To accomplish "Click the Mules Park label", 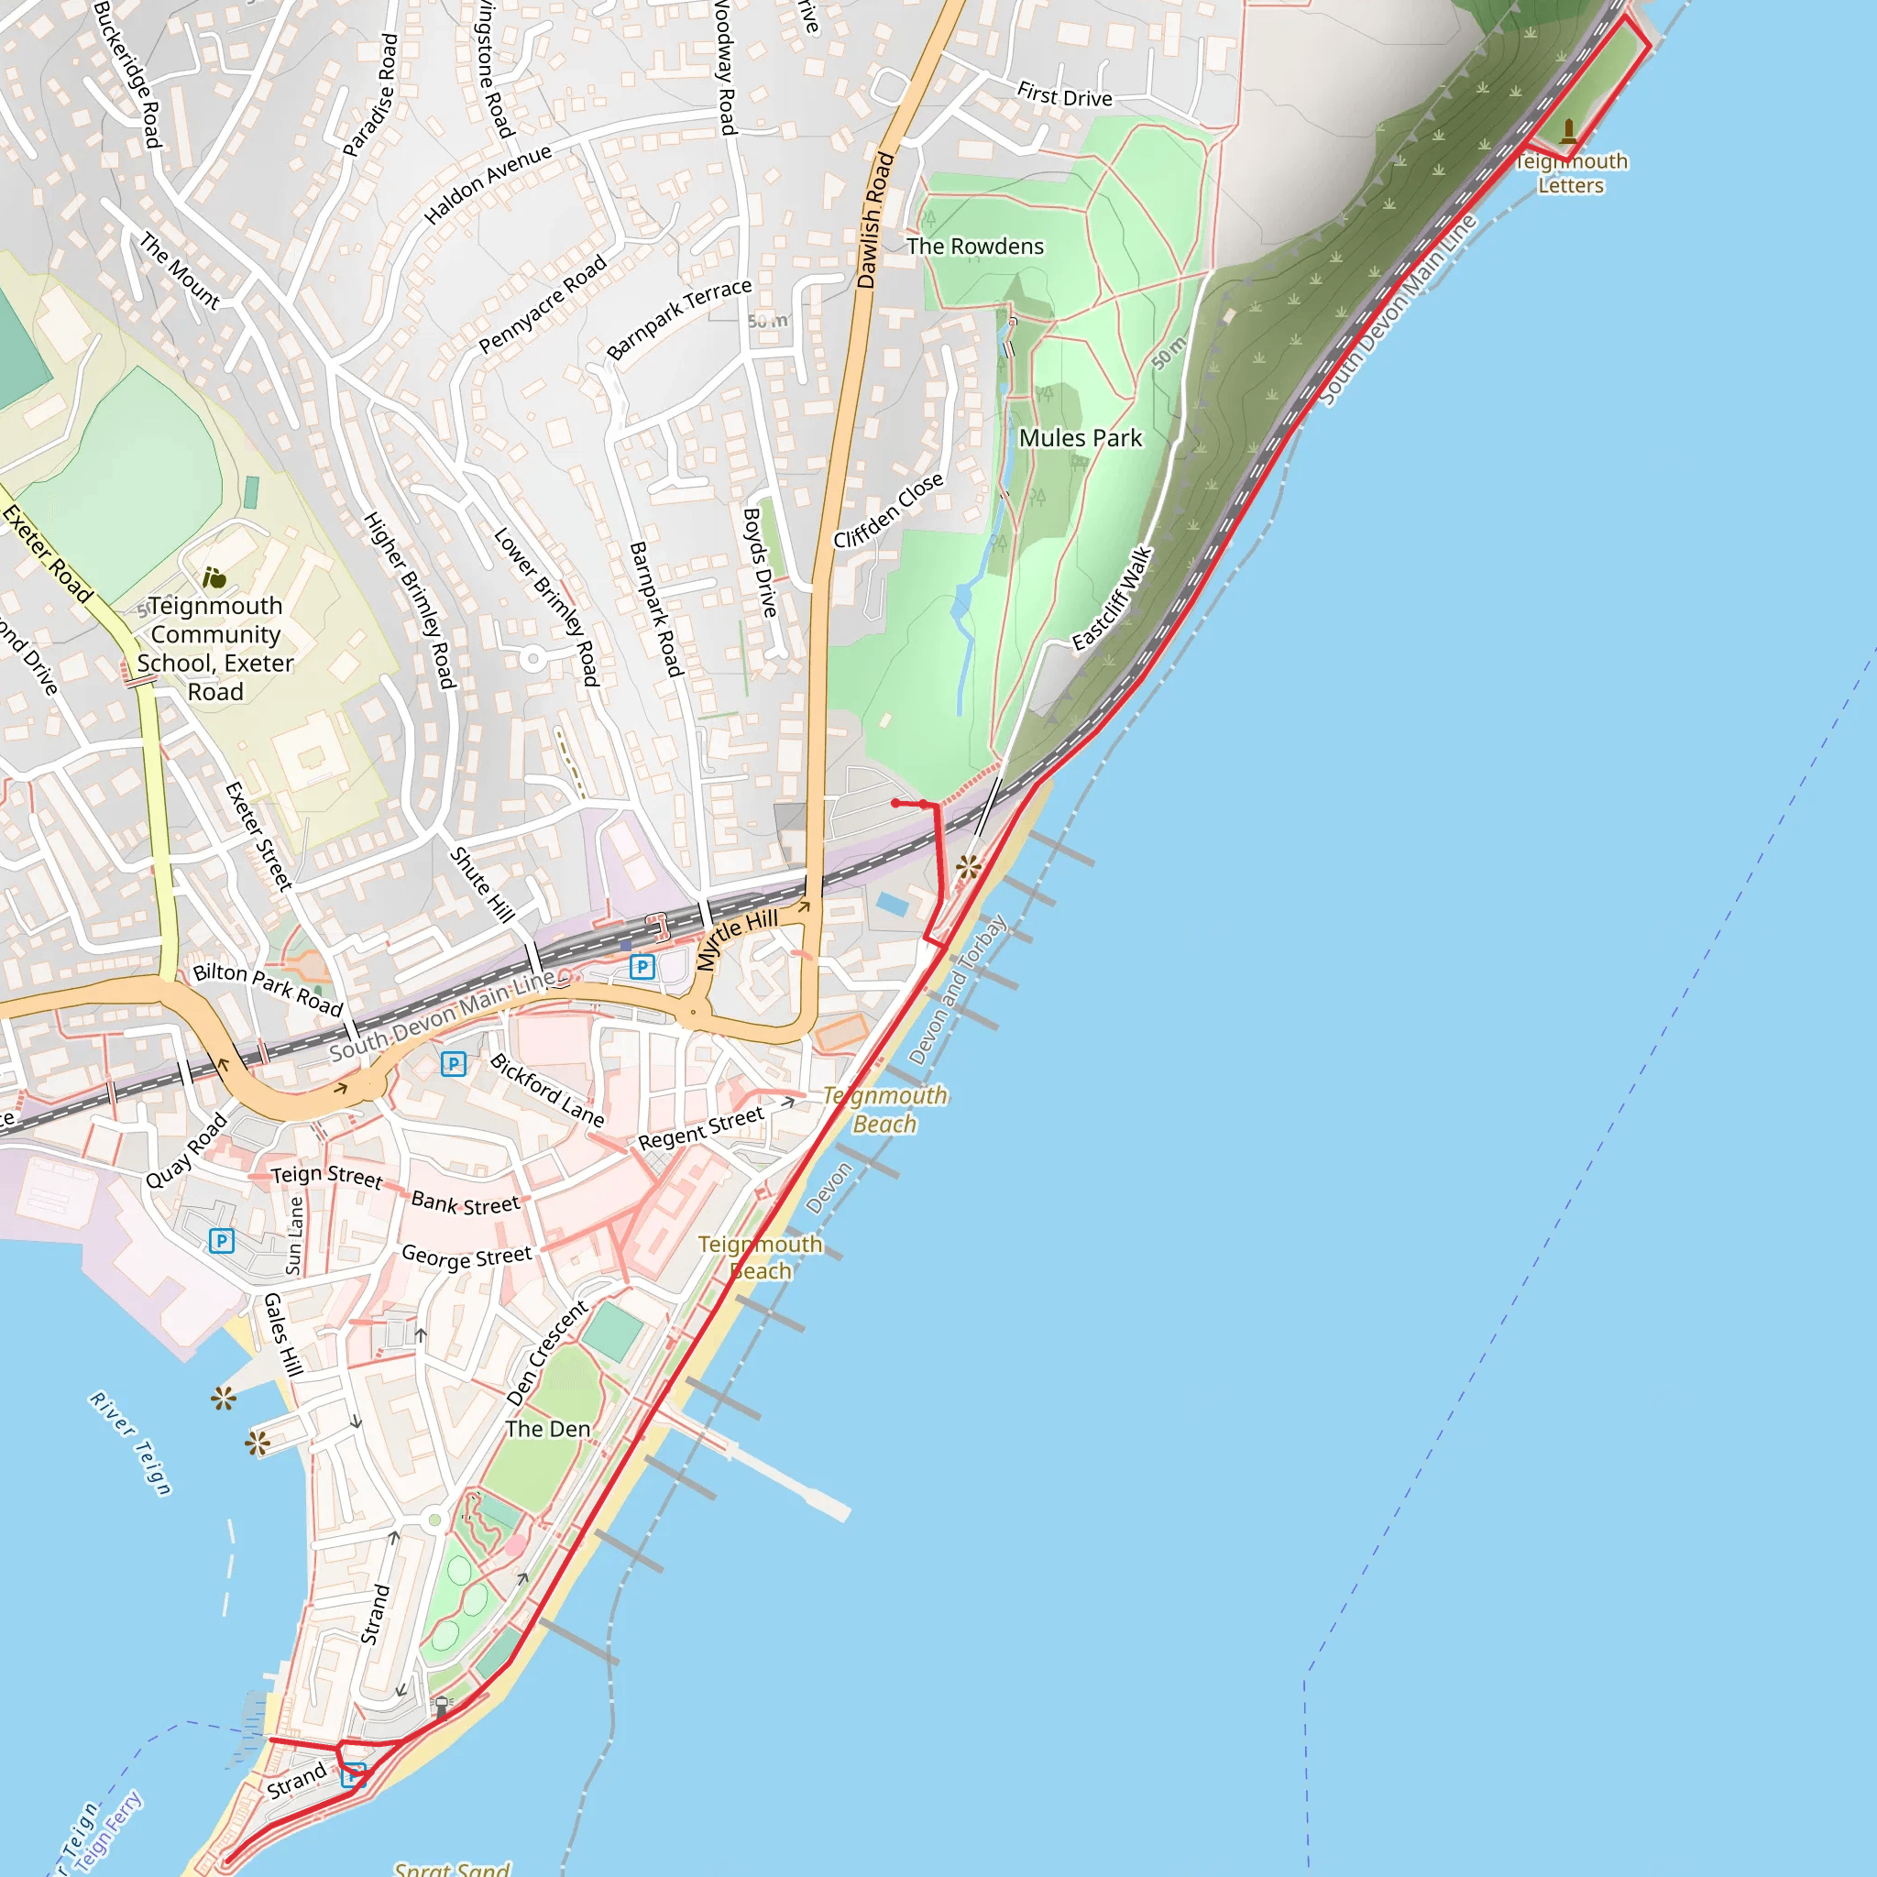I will coord(1081,438).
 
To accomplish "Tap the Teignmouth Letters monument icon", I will coord(1568,130).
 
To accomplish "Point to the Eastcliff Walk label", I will coord(1113,598).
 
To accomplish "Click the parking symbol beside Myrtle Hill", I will coord(642,967).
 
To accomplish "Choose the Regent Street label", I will coord(700,1128).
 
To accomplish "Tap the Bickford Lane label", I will coord(547,1090).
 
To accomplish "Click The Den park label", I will coord(548,1428).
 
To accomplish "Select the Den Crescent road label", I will coord(548,1353).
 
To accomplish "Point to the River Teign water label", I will coord(131,1443).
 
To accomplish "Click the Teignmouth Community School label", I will coord(214,648).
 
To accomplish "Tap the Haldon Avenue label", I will coord(488,183).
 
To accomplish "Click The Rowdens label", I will coord(974,247).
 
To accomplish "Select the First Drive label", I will coord(1064,96).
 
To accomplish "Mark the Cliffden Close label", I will coord(888,511).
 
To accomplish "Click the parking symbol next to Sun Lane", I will coord(222,1241).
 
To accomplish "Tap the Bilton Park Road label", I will coord(269,987).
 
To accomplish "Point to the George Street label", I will coord(467,1257).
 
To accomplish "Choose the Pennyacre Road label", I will coord(543,303).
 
